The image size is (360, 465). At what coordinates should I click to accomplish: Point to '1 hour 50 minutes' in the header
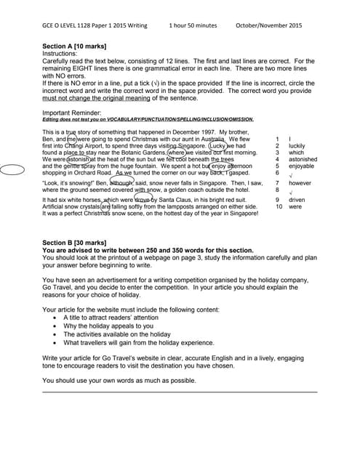pyautogui.click(x=195, y=25)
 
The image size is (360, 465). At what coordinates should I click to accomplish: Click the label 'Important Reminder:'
pyautogui.click(x=71, y=113)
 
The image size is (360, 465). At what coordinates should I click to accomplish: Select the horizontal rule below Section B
pyautogui.click(x=180, y=392)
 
